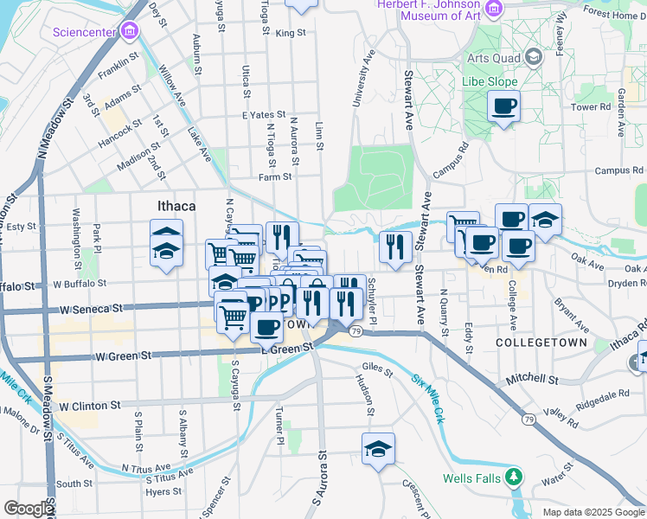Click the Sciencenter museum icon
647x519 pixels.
tap(130, 33)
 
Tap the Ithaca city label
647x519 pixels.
tap(176, 207)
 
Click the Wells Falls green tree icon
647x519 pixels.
tap(514, 477)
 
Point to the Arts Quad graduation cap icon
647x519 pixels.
tap(534, 57)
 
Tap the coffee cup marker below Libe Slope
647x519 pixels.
tap(503, 107)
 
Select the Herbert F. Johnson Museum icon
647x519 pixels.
tap(494, 9)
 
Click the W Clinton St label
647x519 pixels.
tap(87, 405)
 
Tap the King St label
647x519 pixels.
tap(291, 33)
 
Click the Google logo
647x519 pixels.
tap(29, 508)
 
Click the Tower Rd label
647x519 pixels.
tap(592, 107)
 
